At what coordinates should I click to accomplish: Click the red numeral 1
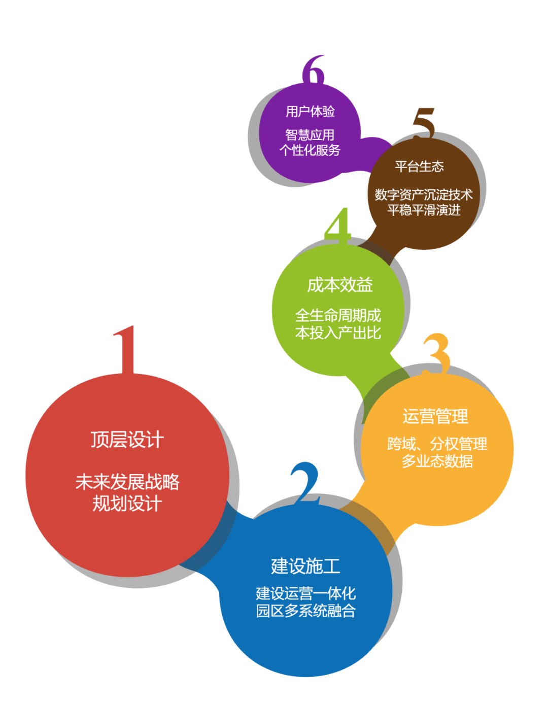pyautogui.click(x=126, y=350)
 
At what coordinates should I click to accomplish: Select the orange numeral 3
pyautogui.click(x=437, y=353)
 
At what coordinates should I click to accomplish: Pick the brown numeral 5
pyautogui.click(x=424, y=122)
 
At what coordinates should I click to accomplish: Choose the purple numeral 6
pyautogui.click(x=314, y=70)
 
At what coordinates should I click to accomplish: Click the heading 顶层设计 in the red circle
pyautogui.click(x=127, y=440)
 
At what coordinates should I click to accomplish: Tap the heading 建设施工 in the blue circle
pyautogui.click(x=305, y=566)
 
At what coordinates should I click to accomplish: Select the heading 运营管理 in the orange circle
pyautogui.click(x=435, y=416)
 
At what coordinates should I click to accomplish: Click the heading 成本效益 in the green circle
pyautogui.click(x=340, y=285)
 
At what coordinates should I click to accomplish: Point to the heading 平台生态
pyautogui.click(x=420, y=166)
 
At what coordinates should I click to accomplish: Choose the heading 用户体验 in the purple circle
pyautogui.click(x=310, y=111)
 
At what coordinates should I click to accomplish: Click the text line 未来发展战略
pyautogui.click(x=127, y=482)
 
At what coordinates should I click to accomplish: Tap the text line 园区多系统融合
pyautogui.click(x=305, y=611)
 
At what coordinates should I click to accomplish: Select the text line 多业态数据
pyautogui.click(x=437, y=461)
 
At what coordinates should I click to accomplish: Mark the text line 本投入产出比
pyautogui.click(x=338, y=333)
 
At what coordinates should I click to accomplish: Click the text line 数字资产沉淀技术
pyautogui.click(x=424, y=194)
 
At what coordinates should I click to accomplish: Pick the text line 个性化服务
pyautogui.click(x=310, y=150)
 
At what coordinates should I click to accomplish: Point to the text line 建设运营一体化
pyautogui.click(x=305, y=593)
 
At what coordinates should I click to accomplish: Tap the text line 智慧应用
pyautogui.click(x=310, y=135)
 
